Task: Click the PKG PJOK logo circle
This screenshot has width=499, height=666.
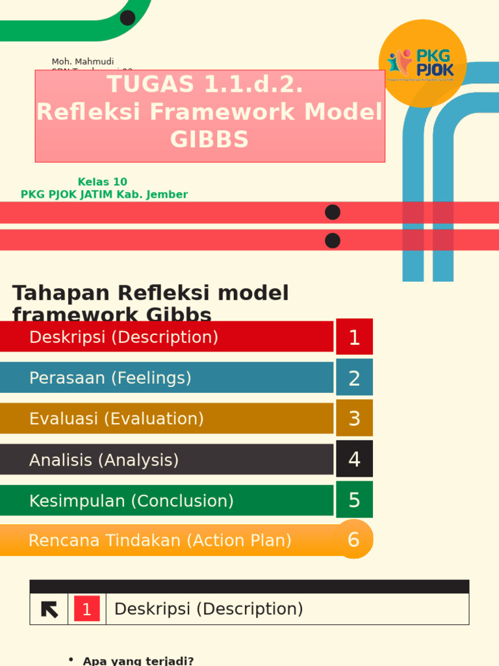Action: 422,63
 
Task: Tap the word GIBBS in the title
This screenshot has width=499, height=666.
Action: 209,140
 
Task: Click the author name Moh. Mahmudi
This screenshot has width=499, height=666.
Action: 83,62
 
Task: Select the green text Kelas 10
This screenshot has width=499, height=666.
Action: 103,182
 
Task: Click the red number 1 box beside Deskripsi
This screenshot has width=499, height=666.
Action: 354,337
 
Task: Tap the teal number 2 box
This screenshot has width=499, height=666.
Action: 354,378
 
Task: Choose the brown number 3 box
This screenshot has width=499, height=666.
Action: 354,418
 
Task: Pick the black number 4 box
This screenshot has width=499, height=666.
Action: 354,459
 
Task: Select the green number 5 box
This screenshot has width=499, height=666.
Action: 354,500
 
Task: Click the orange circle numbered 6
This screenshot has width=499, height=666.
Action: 353,539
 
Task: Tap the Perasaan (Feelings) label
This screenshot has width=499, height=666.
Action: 110,378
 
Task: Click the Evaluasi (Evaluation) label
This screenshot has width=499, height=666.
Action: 116,419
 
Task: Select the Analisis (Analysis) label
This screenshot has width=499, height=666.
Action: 104,460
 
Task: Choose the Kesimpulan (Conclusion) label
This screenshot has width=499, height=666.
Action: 131,501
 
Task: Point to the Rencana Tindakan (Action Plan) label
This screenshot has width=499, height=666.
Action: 160,540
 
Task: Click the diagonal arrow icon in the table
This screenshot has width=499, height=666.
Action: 49,609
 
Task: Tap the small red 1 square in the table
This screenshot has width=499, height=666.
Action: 87,609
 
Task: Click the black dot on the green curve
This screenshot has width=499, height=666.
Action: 128,18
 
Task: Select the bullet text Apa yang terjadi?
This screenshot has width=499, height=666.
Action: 138,661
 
